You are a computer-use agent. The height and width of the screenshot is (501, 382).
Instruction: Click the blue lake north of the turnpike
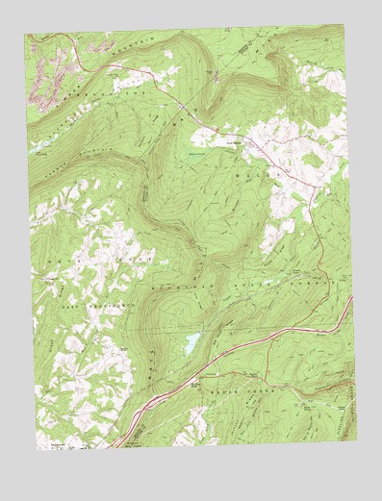pos(191,340)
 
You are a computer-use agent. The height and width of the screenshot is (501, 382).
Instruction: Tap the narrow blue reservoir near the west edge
pos(43,149)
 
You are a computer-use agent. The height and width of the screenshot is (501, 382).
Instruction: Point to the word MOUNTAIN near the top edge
pos(135,43)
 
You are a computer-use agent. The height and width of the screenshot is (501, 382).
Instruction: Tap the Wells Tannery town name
pos(236,137)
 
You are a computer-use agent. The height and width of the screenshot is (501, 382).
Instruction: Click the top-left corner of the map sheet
pos(27,36)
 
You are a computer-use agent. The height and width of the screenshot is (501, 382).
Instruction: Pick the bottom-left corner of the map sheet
pos(37,450)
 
